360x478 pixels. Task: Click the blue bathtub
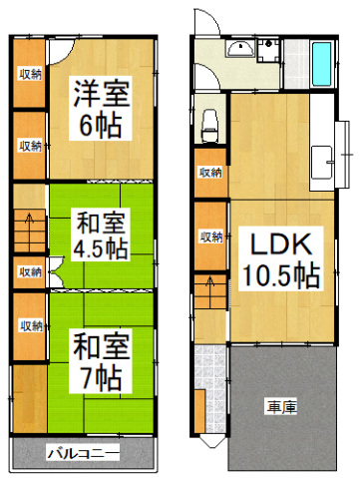tap(322, 64)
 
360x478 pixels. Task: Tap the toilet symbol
tap(210, 124)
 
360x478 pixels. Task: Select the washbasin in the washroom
tap(240, 51)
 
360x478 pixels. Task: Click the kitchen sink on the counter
tap(324, 159)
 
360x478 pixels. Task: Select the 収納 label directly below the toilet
tap(210, 173)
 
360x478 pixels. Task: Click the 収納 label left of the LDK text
tap(210, 237)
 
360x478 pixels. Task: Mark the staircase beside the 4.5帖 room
tap(30, 233)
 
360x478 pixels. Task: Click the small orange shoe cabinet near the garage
tap(199, 410)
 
